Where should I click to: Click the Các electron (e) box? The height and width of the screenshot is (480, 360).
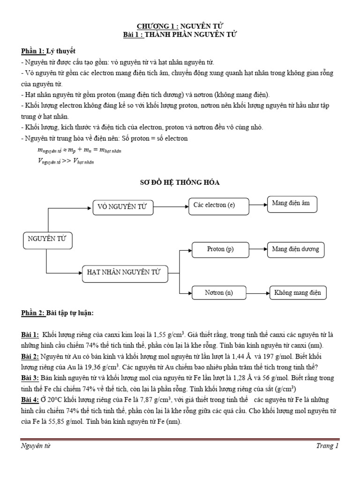(x=214, y=205)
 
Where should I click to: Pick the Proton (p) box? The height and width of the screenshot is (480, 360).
(x=220, y=249)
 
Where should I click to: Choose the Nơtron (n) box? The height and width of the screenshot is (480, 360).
(x=218, y=293)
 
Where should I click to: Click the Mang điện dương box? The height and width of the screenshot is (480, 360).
(x=295, y=249)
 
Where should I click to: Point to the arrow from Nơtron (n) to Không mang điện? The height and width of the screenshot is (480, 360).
(x=257, y=293)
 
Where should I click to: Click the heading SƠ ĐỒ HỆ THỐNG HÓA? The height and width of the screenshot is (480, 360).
(x=180, y=182)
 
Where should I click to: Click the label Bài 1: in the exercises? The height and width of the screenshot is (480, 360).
(x=30, y=336)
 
